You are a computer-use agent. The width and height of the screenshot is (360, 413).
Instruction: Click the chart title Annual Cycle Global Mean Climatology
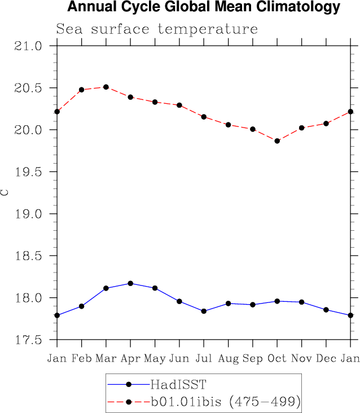click(204, 7)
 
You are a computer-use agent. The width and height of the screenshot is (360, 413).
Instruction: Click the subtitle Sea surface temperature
click(157, 29)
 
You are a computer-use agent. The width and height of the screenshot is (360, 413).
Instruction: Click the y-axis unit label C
click(5, 192)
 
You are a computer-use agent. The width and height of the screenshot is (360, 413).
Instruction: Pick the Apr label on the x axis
click(130, 358)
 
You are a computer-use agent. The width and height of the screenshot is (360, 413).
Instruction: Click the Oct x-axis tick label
click(277, 358)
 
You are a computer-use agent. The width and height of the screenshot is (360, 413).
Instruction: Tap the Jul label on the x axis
click(204, 358)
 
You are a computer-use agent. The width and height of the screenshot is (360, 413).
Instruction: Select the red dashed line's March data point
click(106, 87)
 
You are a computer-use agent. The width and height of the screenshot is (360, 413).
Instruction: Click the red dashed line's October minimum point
click(277, 140)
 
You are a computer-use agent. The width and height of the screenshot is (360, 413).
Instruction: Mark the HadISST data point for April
click(130, 283)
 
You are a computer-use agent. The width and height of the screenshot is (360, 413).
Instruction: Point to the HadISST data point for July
click(204, 311)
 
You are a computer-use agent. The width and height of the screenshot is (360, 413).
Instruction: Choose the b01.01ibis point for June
click(179, 105)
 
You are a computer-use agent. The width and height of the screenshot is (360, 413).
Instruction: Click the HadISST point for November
click(301, 302)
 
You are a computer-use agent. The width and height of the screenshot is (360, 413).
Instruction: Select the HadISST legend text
click(178, 385)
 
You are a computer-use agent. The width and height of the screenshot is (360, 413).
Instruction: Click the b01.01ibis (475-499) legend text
click(225, 402)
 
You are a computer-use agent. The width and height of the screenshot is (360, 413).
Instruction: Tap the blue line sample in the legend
click(129, 385)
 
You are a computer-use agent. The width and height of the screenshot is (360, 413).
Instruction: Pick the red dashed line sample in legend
click(129, 402)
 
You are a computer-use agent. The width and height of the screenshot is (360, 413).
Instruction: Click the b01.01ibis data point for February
click(82, 90)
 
